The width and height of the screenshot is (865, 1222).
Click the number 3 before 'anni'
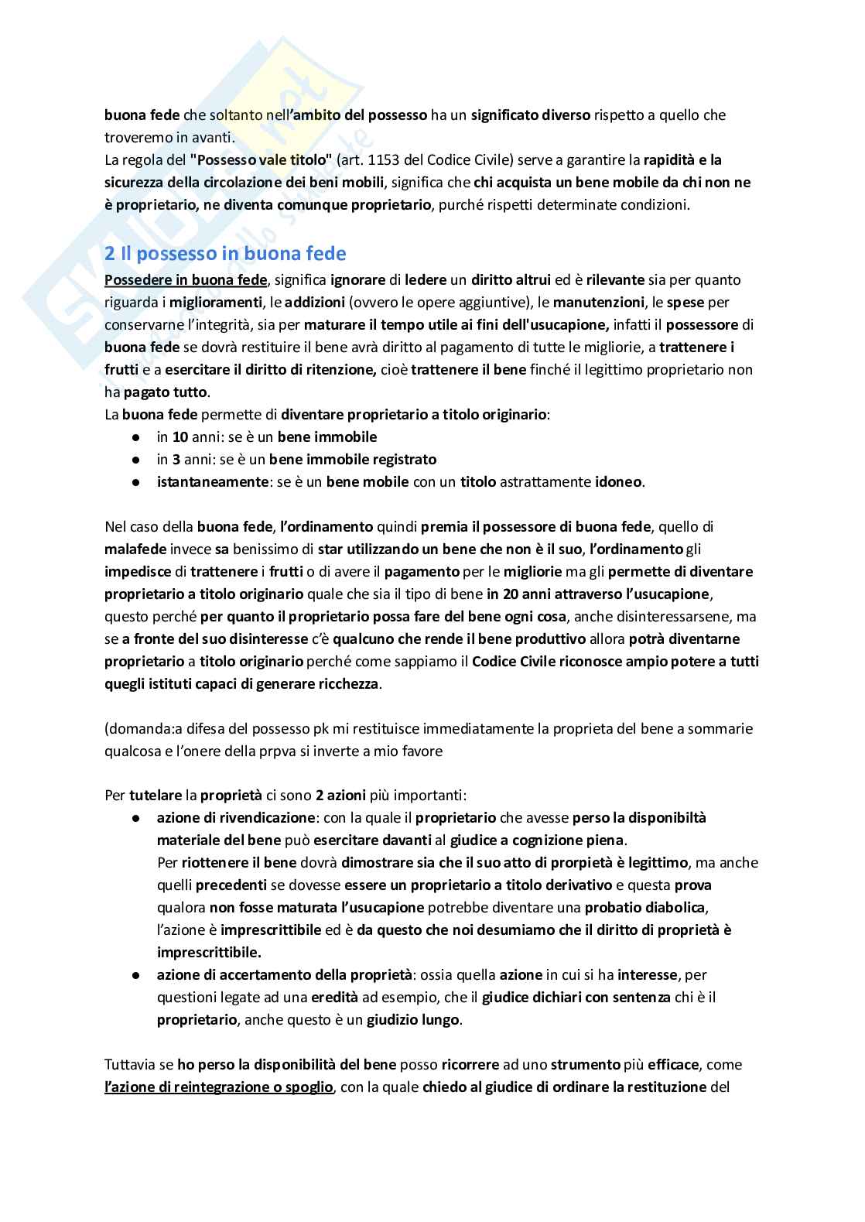(176, 460)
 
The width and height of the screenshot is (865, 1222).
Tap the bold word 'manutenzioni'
(598, 302)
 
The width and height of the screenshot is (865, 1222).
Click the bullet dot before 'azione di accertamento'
(136, 975)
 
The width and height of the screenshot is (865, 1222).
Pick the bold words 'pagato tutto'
(166, 392)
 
